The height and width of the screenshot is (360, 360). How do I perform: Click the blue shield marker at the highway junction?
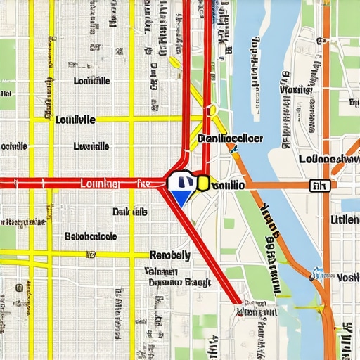[181, 187]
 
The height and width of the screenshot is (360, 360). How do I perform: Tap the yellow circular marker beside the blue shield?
[202, 184]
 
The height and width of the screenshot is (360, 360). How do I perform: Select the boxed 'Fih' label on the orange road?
[319, 186]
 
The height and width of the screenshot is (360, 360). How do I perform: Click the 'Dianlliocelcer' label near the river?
[230, 139]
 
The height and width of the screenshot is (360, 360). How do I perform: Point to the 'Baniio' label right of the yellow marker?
[226, 185]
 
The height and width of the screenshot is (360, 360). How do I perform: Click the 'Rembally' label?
[169, 255]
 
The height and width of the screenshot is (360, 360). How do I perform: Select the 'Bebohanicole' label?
[90, 237]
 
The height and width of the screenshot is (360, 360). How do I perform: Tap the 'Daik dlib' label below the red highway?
[129, 211]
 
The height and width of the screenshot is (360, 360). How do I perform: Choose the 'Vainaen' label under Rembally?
[161, 270]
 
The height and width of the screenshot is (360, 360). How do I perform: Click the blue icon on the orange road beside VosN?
[319, 271]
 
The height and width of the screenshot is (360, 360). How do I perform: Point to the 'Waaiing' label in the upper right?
[295, 89]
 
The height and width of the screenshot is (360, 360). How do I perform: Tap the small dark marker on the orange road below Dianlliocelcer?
[235, 148]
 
